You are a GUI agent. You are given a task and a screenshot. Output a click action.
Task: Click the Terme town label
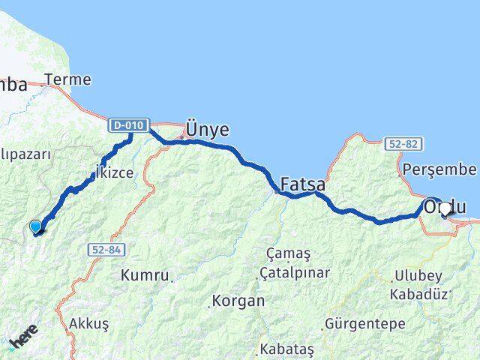point(67,79)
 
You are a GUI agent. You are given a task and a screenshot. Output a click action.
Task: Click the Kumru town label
point(145,275)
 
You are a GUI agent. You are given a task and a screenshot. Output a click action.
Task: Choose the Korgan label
point(238,301)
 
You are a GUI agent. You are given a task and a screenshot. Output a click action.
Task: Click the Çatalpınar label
point(294,272)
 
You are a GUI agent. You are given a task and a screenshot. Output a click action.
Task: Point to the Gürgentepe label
point(364,325)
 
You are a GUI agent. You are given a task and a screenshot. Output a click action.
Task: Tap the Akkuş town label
point(88,324)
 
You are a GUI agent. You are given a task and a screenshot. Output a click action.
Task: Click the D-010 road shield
point(129,125)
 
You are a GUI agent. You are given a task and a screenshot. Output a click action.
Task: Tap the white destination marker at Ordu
point(445,208)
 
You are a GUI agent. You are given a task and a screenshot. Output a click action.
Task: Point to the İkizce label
point(113,173)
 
